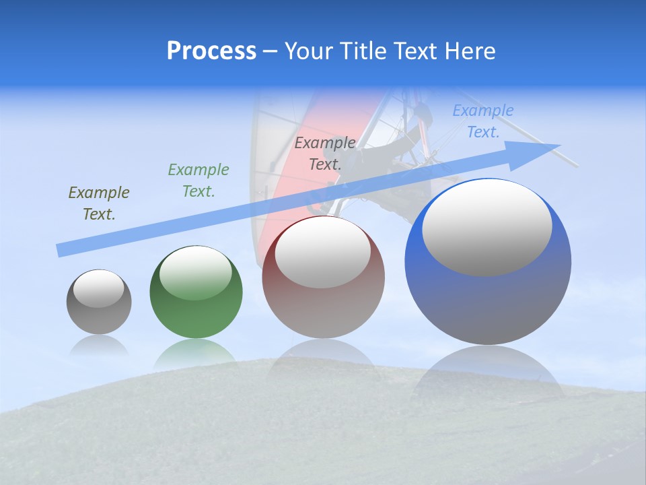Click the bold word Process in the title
pos(211,51)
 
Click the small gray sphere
pos(99,310)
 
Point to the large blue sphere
pos(488,296)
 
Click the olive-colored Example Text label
pos(99,203)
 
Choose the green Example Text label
pos(199,181)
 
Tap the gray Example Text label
pos(325,153)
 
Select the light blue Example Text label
pos(483,121)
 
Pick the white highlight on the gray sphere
pos(99,288)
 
